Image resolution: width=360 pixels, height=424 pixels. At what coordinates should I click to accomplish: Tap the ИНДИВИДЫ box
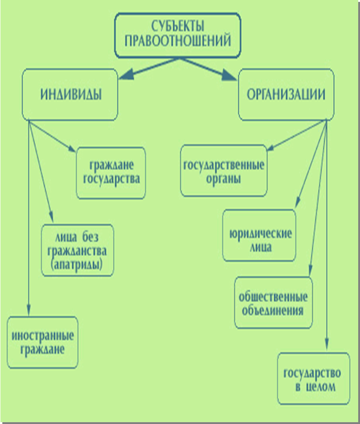tap(70, 95)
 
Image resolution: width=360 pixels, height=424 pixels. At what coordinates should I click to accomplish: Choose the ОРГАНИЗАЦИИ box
tap(286, 95)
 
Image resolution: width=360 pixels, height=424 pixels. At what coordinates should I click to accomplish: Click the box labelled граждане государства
tap(111, 173)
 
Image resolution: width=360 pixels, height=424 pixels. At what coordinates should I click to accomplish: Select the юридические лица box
tap(259, 235)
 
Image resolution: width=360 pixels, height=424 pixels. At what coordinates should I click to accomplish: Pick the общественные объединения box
tap(273, 303)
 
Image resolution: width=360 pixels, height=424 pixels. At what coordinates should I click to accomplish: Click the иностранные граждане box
tap(42, 342)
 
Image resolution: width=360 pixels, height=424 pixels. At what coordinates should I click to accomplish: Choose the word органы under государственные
tap(224, 179)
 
